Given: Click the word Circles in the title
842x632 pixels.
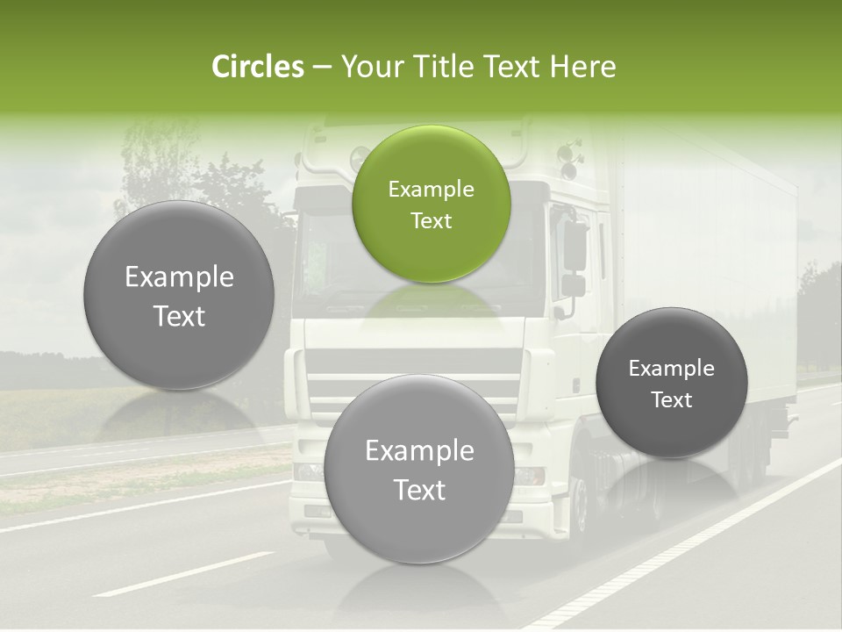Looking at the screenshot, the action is click(x=257, y=67).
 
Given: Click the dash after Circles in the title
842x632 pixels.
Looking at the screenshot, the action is click(x=322, y=68).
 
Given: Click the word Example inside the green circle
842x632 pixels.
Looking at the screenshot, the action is click(x=431, y=189).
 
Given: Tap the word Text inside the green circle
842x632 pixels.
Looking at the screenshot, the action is click(x=431, y=221).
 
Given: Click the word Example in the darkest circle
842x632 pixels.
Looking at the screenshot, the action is click(x=671, y=369).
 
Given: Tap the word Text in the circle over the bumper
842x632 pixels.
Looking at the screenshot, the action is click(x=418, y=490).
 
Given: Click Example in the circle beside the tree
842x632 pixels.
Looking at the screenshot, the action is click(x=179, y=277).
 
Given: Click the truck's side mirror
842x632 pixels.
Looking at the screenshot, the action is click(x=574, y=246).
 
